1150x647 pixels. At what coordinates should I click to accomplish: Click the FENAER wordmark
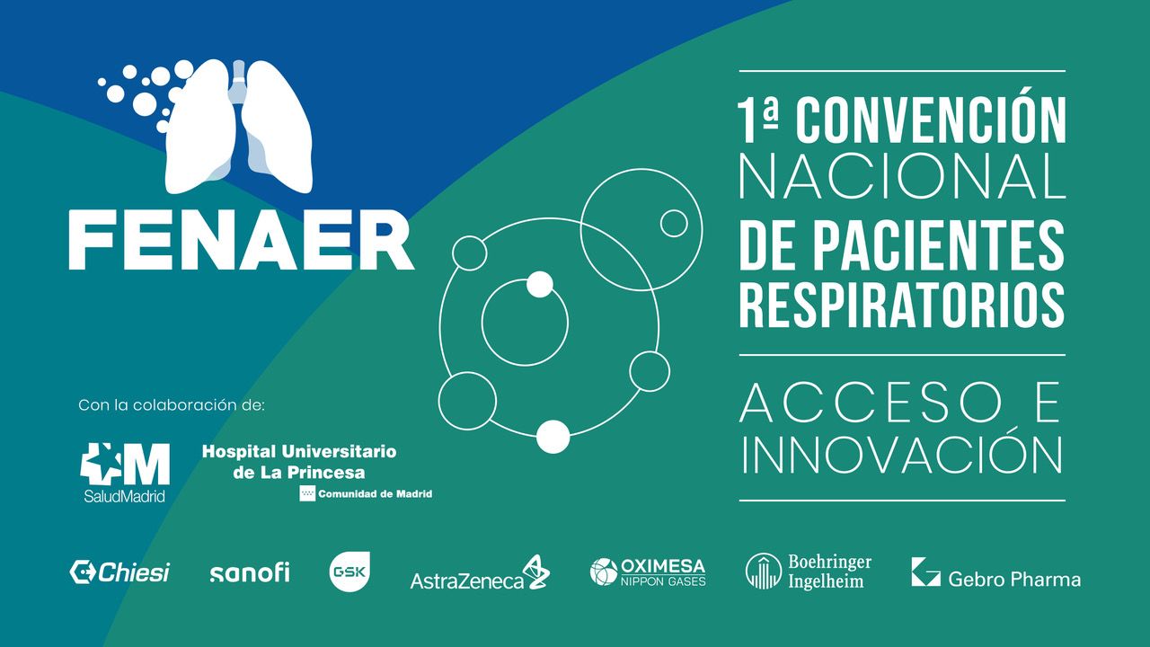tap(241, 241)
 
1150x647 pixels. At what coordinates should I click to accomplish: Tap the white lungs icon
tap(239, 126)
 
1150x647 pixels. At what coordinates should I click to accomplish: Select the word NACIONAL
tap(902, 177)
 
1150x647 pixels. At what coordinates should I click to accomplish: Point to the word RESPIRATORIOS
tap(902, 305)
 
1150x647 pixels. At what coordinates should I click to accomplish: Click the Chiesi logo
tap(120, 572)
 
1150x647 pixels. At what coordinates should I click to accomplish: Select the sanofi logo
tap(249, 573)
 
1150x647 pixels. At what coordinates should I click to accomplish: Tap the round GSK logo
tap(349, 572)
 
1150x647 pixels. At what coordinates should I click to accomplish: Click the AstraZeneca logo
tap(480, 575)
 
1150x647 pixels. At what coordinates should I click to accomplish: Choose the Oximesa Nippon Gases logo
tap(648, 572)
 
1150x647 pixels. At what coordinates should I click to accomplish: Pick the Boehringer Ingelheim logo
tap(809, 572)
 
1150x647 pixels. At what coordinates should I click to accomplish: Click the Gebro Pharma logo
tap(995, 573)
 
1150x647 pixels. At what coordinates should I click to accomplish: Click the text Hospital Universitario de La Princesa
tap(298, 461)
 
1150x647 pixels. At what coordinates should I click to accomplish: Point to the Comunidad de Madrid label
tap(366, 493)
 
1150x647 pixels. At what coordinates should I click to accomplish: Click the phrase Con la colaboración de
tap(172, 405)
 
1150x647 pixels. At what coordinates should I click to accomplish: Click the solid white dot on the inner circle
tap(539, 284)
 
